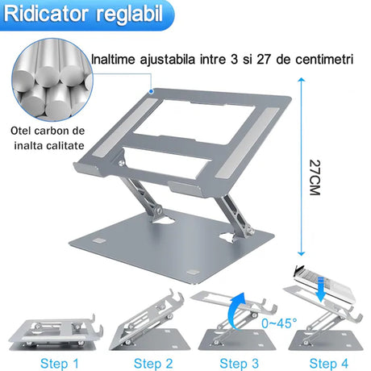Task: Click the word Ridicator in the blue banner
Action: (x=46, y=14)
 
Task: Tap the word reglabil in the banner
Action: (x=130, y=15)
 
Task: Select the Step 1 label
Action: (x=60, y=364)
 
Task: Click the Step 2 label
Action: (x=153, y=364)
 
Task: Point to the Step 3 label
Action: (x=239, y=364)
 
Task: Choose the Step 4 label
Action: (x=328, y=364)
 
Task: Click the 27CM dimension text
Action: (x=315, y=177)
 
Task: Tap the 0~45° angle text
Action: (x=280, y=323)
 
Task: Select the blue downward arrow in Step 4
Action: (x=321, y=290)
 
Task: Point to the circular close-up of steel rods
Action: (x=52, y=80)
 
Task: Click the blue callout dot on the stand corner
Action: (x=152, y=91)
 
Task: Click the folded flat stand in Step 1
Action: (x=56, y=333)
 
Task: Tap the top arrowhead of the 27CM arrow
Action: (x=302, y=80)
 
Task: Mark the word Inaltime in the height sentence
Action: (x=113, y=60)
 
